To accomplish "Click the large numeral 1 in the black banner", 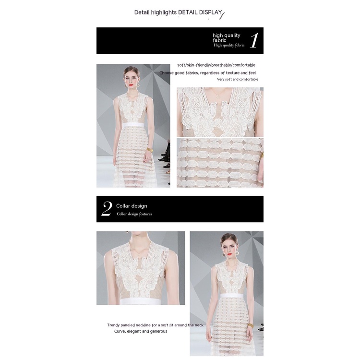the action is click(254, 40).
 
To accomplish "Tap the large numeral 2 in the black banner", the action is click(107, 208).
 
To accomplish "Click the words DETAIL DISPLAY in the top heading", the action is click(200, 12).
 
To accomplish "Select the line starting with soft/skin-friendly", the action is click(216, 65).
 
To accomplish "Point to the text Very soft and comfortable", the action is click(238, 79).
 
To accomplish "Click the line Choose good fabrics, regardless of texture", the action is click(207, 73).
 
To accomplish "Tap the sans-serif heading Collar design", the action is click(132, 206).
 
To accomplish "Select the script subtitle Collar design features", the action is click(134, 214).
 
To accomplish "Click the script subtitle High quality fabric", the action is click(229, 45).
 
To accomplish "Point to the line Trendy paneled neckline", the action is click(155, 325).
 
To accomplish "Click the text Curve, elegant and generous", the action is click(141, 331).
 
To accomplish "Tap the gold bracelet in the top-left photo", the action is click(150, 150).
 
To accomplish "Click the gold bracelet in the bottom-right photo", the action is click(251, 326).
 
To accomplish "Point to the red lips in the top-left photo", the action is click(131, 84).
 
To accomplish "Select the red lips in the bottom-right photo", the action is click(229, 254).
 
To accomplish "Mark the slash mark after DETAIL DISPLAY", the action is click(222, 15).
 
